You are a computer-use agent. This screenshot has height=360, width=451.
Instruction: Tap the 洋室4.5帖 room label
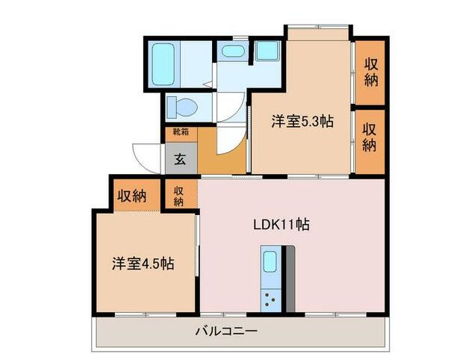(143, 264)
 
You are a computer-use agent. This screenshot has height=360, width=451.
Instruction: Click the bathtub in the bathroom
(163, 66)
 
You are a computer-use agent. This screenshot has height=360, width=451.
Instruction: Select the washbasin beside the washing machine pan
(233, 52)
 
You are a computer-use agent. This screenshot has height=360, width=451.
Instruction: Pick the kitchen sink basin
(270, 263)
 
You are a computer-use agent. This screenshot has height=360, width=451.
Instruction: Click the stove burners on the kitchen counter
(270, 301)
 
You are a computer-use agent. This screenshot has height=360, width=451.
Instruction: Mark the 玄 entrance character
(181, 159)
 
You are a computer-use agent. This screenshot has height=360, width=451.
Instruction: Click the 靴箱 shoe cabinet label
(181, 133)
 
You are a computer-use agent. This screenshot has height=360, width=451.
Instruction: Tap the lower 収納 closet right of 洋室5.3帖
(370, 138)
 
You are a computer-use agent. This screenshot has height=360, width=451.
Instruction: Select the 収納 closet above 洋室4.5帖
(132, 196)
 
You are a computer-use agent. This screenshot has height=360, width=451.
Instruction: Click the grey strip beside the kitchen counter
(290, 276)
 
